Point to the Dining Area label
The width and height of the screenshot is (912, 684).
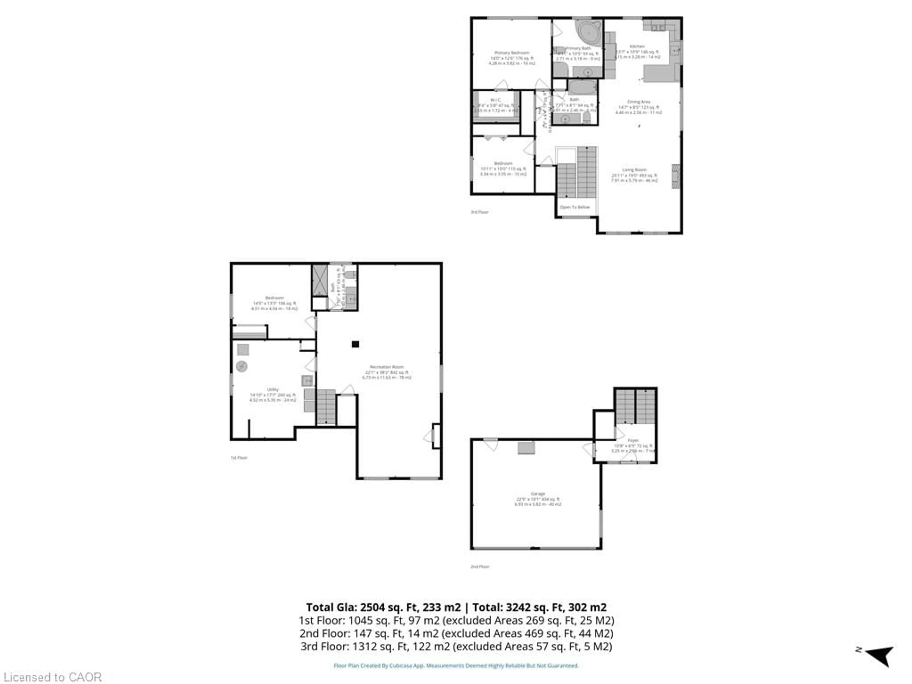coord(639,102)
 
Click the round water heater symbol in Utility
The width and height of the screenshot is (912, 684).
coord(242,366)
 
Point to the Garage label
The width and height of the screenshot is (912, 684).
coord(538,494)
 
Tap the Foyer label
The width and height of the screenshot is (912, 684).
coord(633,440)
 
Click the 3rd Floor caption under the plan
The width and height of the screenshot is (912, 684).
coord(480,212)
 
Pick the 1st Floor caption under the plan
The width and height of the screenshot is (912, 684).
coord(239,458)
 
